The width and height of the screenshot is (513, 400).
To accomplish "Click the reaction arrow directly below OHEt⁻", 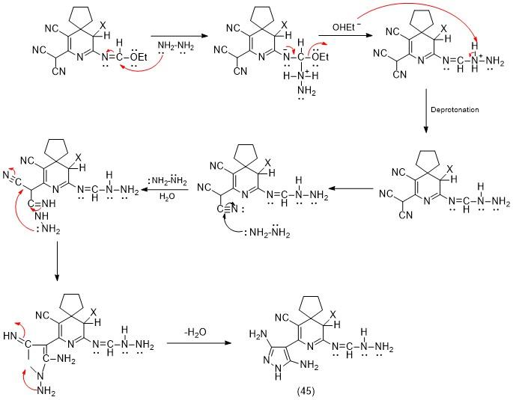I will pos(345,37).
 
